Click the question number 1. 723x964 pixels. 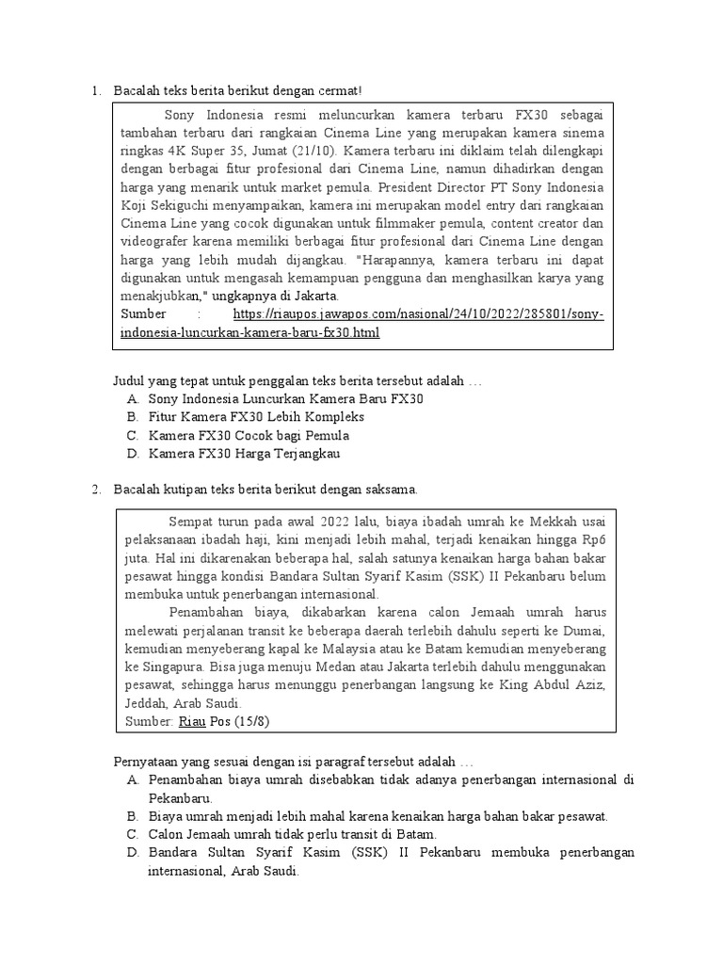click(95, 90)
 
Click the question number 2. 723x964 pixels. click(95, 490)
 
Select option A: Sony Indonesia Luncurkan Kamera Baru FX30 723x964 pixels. click(286, 399)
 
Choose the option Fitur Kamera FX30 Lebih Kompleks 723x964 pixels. click(256, 417)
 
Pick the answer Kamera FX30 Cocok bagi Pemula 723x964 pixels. click(249, 436)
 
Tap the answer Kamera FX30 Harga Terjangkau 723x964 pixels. click(245, 454)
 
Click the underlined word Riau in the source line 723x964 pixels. click(191, 721)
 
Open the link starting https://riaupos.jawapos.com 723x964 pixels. click(418, 313)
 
